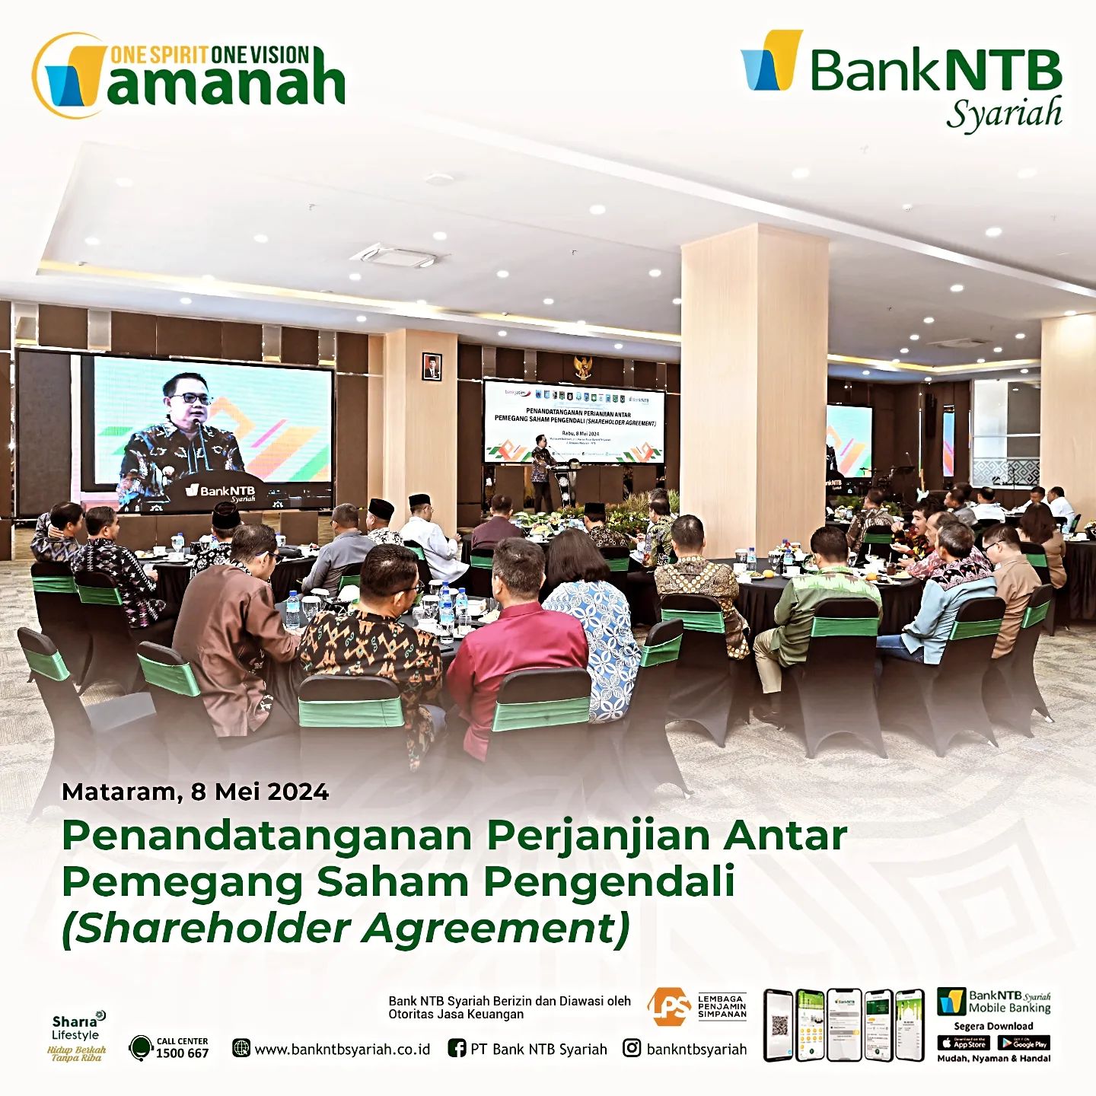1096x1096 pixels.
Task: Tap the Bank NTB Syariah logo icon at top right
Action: pyautogui.click(x=772, y=60)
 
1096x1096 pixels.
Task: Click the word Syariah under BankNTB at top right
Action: pyautogui.click(x=1004, y=114)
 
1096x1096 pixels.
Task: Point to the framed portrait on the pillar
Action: pyautogui.click(x=432, y=366)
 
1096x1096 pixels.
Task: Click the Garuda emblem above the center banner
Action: pyautogui.click(x=584, y=368)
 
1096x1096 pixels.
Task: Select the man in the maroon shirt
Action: pyautogui.click(x=518, y=639)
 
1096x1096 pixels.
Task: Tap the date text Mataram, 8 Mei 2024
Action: pyautogui.click(x=195, y=792)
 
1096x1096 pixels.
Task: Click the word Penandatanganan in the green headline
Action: pyautogui.click(x=267, y=835)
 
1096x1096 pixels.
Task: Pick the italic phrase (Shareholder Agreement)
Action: pyautogui.click(x=346, y=928)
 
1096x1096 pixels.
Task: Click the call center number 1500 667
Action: pyautogui.click(x=182, y=1053)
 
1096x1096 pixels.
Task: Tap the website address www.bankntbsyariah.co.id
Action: pyautogui.click(x=342, y=1049)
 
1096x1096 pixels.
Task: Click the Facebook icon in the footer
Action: pyautogui.click(x=457, y=1048)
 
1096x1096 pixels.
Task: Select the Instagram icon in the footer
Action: pyautogui.click(x=632, y=1048)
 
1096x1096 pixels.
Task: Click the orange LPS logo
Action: pyautogui.click(x=668, y=1005)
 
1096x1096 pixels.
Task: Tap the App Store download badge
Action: pyautogui.click(x=964, y=1043)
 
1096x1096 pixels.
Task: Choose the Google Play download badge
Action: pyautogui.click(x=1024, y=1043)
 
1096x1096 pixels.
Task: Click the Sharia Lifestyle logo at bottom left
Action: pyautogui.click(x=76, y=1036)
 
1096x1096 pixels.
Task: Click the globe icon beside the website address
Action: pyautogui.click(x=241, y=1049)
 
